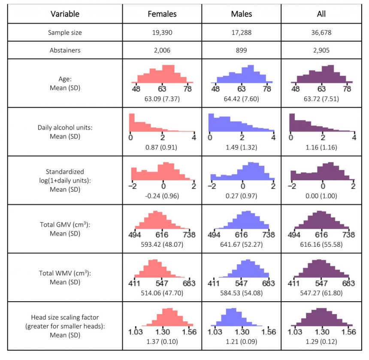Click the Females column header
coord(162,14)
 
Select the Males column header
coord(241,14)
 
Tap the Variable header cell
coord(65,14)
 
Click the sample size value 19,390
coord(162,32)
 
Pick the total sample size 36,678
coord(321,32)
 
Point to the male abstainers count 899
coord(241,50)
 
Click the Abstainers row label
coord(65,50)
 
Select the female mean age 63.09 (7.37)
coord(162,98)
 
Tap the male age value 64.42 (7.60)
coord(241,98)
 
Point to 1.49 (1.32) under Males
coord(241,147)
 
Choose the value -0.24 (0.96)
coord(162,196)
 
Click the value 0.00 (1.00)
coord(321,196)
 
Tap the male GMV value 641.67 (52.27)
coord(241,245)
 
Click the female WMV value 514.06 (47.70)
coord(162,293)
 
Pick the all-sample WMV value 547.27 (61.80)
coord(321,293)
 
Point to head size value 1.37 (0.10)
coord(162,342)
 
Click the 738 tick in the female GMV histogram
coord(189,235)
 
